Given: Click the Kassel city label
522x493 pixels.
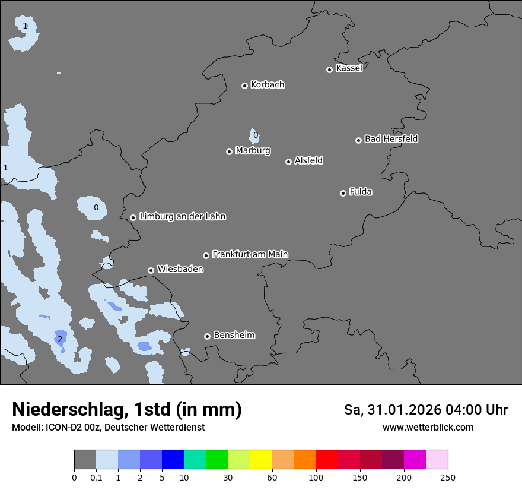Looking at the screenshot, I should pos(349,68).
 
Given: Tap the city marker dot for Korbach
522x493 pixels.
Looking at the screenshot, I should pos(244,86).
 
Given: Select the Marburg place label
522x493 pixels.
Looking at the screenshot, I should pos(253,151).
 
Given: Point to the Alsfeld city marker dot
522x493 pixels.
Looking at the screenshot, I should pos(288,162).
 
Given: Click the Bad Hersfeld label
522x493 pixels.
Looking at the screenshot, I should pos(391,139).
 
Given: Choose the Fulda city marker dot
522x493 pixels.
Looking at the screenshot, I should pos(343,193).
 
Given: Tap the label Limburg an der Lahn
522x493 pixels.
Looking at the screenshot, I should pos(182,217).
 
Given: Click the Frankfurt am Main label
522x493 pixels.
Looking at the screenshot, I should pos(250,254).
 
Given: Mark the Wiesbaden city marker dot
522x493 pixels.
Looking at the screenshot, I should pos(151,270).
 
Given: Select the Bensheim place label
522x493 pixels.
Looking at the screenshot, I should pos(234,335).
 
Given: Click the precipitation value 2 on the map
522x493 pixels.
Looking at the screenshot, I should pos(60,339).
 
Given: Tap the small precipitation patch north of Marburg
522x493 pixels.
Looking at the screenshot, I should pos(254,136).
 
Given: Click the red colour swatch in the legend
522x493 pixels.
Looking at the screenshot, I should pos(327,460).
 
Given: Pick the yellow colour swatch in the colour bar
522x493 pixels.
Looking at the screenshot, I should pos(261,460).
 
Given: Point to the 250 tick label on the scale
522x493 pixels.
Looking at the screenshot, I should pos(448,477).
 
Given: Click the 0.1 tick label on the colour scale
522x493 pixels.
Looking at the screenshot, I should pos(96,477).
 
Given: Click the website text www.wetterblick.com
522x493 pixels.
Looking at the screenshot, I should pos(428,427).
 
